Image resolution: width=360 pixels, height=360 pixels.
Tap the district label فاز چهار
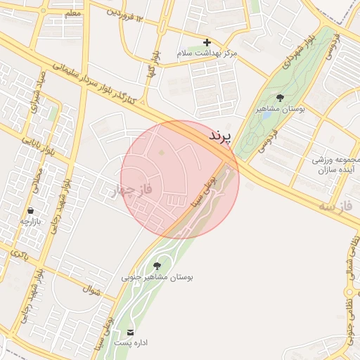coord(133,189)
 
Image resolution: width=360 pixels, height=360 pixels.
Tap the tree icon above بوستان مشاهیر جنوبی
coord(156,265)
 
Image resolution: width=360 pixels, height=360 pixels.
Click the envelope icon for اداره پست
coord(130,331)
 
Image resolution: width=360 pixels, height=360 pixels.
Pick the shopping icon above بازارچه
coord(30,210)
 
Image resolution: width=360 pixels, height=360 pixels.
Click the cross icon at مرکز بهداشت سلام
coord(207,43)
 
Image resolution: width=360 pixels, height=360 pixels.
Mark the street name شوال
coord(92,288)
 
